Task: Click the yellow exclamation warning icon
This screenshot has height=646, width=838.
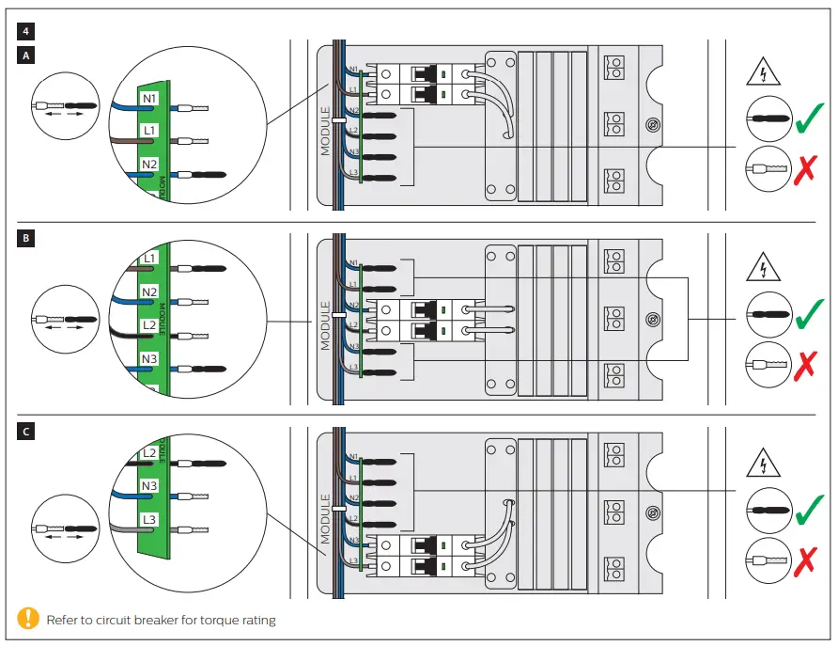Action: [29, 619]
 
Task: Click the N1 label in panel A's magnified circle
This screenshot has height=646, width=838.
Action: [150, 98]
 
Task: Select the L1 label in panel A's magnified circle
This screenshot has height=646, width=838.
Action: [150, 131]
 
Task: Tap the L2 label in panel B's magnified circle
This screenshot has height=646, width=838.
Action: [149, 325]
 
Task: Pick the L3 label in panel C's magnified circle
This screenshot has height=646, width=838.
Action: [149, 519]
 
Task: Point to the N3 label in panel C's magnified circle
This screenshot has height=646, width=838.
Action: [149, 486]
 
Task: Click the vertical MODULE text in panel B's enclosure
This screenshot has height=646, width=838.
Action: [326, 325]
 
